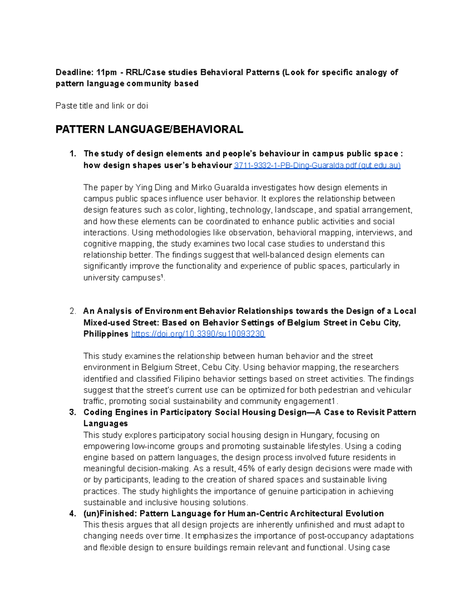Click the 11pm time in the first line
tap(107, 73)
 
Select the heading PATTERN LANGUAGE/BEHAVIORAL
tap(149, 129)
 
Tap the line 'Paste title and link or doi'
tap(102, 106)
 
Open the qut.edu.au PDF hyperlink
tap(317, 166)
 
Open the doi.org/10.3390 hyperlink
tap(198, 334)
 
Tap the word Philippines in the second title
tap(106, 334)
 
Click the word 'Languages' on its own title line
tap(106, 424)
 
